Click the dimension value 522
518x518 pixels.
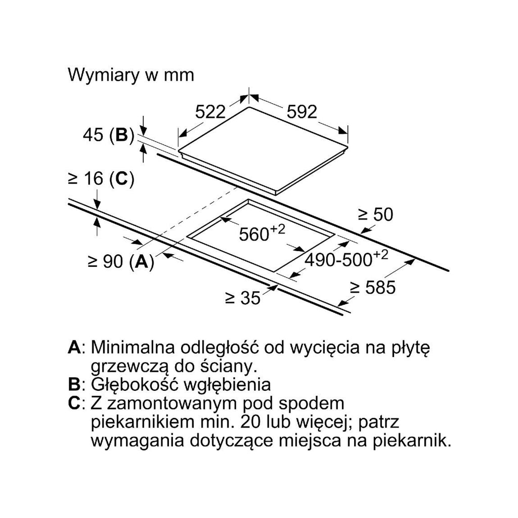[x=210, y=111]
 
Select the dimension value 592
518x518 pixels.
[x=301, y=111]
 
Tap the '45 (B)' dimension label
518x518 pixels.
[x=109, y=135]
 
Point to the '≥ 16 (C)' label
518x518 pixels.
[x=101, y=179]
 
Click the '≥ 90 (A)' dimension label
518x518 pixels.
[x=121, y=262]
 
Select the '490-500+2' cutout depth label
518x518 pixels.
[x=346, y=257]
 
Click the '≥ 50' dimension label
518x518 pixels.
[x=376, y=214]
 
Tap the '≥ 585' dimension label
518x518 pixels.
[x=373, y=288]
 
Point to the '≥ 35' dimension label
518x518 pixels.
[x=243, y=298]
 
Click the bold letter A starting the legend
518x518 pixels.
[x=74, y=348]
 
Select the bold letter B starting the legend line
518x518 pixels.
[x=74, y=385]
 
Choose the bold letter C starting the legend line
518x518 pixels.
[x=74, y=403]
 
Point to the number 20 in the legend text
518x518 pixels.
[x=251, y=422]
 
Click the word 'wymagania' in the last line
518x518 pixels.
[x=138, y=442]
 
